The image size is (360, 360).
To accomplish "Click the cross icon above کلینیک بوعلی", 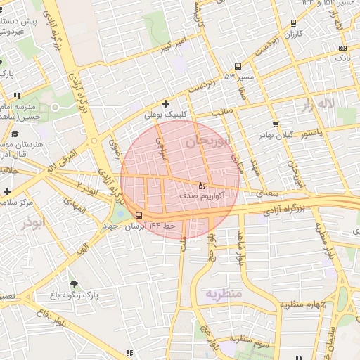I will click(165, 103).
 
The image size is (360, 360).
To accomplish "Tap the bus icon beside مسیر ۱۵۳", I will click(238, 65).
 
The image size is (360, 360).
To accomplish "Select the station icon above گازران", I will click(293, 22).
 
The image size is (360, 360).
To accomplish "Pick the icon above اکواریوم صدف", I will click(202, 186).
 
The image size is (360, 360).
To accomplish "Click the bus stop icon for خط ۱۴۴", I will click(138, 214).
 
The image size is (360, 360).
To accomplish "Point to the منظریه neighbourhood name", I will click(224, 292).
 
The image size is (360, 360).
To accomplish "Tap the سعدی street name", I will click(266, 192).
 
